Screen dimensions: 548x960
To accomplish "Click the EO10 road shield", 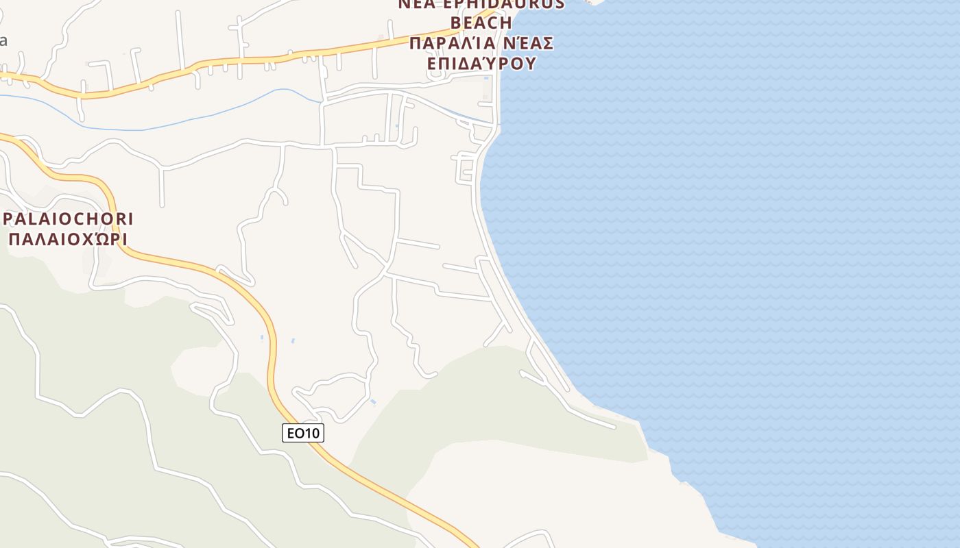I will tap(302, 433).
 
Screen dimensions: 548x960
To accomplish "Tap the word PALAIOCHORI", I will tap(68, 219).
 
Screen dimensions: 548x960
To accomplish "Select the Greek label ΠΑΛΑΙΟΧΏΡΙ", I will tap(68, 240).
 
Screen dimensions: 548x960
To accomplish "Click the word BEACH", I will tap(481, 23).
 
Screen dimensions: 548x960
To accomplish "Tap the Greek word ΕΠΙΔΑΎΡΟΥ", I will tap(481, 64).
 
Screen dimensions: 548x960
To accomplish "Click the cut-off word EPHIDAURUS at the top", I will tap(508, 4).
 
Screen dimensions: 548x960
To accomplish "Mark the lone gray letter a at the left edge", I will tap(3, 40).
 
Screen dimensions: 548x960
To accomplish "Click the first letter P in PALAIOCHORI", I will tap(9, 219).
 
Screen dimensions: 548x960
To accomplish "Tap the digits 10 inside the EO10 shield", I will tap(313, 433).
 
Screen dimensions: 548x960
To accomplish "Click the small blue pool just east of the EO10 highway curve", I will tap(293, 340).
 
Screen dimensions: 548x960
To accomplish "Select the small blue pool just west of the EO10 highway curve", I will tap(262, 338).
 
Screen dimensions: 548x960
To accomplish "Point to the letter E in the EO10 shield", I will tap(291, 433).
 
